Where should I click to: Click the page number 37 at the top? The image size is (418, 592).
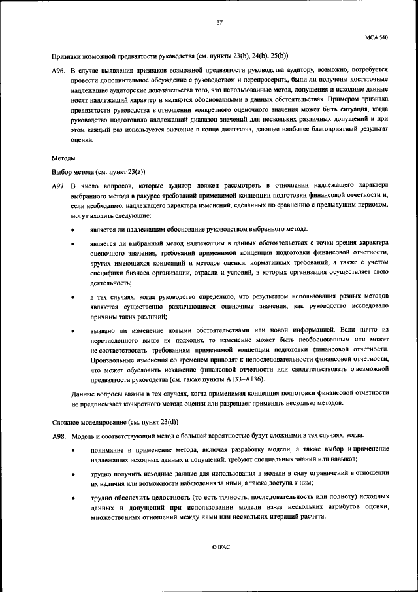pos(219,23)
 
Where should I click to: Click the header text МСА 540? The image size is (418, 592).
pos(377,39)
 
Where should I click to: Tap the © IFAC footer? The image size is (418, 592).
pos(220,546)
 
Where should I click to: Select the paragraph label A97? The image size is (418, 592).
pos(59,186)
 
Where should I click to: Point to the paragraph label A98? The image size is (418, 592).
pos(59,436)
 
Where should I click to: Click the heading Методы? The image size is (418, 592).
pos(63,158)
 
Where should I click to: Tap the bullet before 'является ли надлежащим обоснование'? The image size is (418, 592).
pos(72,230)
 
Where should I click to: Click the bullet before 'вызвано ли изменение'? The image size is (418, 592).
pos(72,330)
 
